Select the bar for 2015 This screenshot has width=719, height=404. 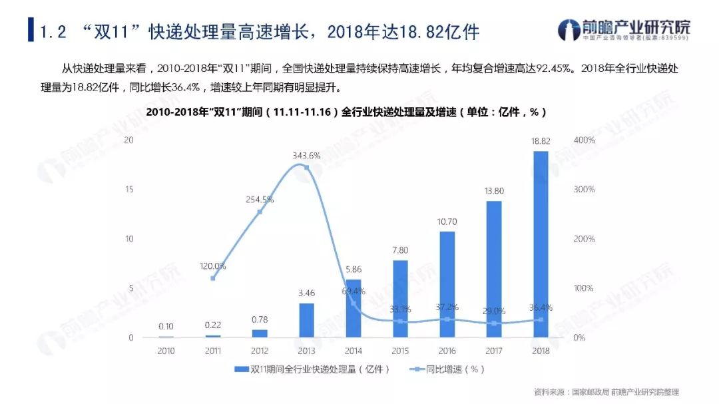click(x=400, y=299)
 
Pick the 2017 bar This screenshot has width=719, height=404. click(x=494, y=269)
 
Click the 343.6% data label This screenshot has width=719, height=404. click(x=306, y=155)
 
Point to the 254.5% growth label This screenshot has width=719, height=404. click(x=260, y=199)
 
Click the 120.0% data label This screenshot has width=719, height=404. click(x=213, y=266)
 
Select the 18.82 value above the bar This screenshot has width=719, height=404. click(x=541, y=141)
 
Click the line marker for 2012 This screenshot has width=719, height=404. click(x=260, y=212)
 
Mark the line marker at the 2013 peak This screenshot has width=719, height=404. click(x=306, y=168)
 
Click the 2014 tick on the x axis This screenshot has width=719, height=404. click(x=354, y=351)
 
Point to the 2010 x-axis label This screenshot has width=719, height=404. click(x=166, y=351)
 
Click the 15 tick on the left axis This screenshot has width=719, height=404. click(x=130, y=190)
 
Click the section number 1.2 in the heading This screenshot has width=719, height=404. click(x=53, y=31)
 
